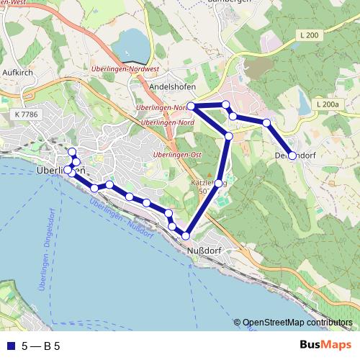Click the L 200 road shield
tap(307, 35)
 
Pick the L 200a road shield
tap(326, 104)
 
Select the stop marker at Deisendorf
tap(292, 156)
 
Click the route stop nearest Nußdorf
tap(186, 235)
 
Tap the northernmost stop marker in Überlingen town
tap(71, 151)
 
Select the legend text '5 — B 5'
tap(41, 346)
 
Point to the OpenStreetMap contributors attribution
tap(297, 322)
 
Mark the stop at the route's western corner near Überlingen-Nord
tap(192, 107)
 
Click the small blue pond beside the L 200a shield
tap(302, 105)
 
